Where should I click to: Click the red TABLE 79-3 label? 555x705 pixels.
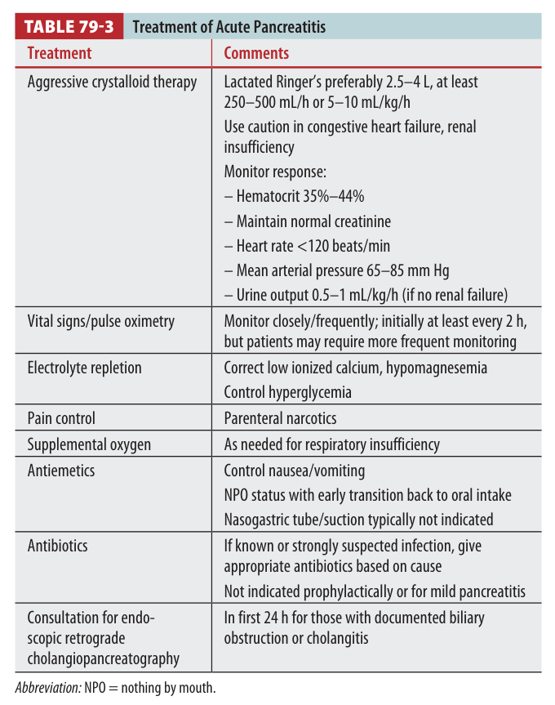(69, 26)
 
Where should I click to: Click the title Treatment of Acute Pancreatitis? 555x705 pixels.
(229, 27)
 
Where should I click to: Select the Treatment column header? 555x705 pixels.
(60, 53)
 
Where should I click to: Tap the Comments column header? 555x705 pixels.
(256, 53)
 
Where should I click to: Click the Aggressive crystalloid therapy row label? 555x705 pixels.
(112, 83)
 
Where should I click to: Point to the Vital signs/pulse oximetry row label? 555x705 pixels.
(100, 321)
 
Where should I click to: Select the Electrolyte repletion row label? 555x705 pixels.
(84, 368)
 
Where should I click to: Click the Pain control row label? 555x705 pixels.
(61, 418)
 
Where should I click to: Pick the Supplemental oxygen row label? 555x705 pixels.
(89, 444)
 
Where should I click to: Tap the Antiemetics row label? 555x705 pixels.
(61, 471)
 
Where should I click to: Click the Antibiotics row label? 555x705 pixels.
(57, 545)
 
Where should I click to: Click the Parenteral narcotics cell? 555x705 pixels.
(280, 418)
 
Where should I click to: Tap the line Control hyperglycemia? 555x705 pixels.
(288, 392)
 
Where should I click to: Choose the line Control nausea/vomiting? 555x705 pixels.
(295, 471)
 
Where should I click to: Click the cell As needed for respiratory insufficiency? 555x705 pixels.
(331, 444)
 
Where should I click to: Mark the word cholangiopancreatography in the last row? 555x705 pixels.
(103, 658)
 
